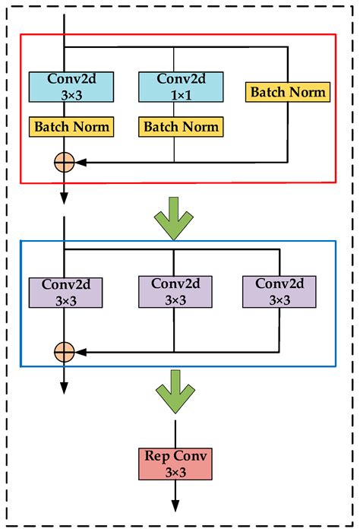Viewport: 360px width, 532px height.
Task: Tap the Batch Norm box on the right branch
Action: click(x=289, y=92)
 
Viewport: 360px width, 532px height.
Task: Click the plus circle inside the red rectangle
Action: click(x=65, y=161)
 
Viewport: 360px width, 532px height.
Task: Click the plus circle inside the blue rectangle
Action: click(x=65, y=351)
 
